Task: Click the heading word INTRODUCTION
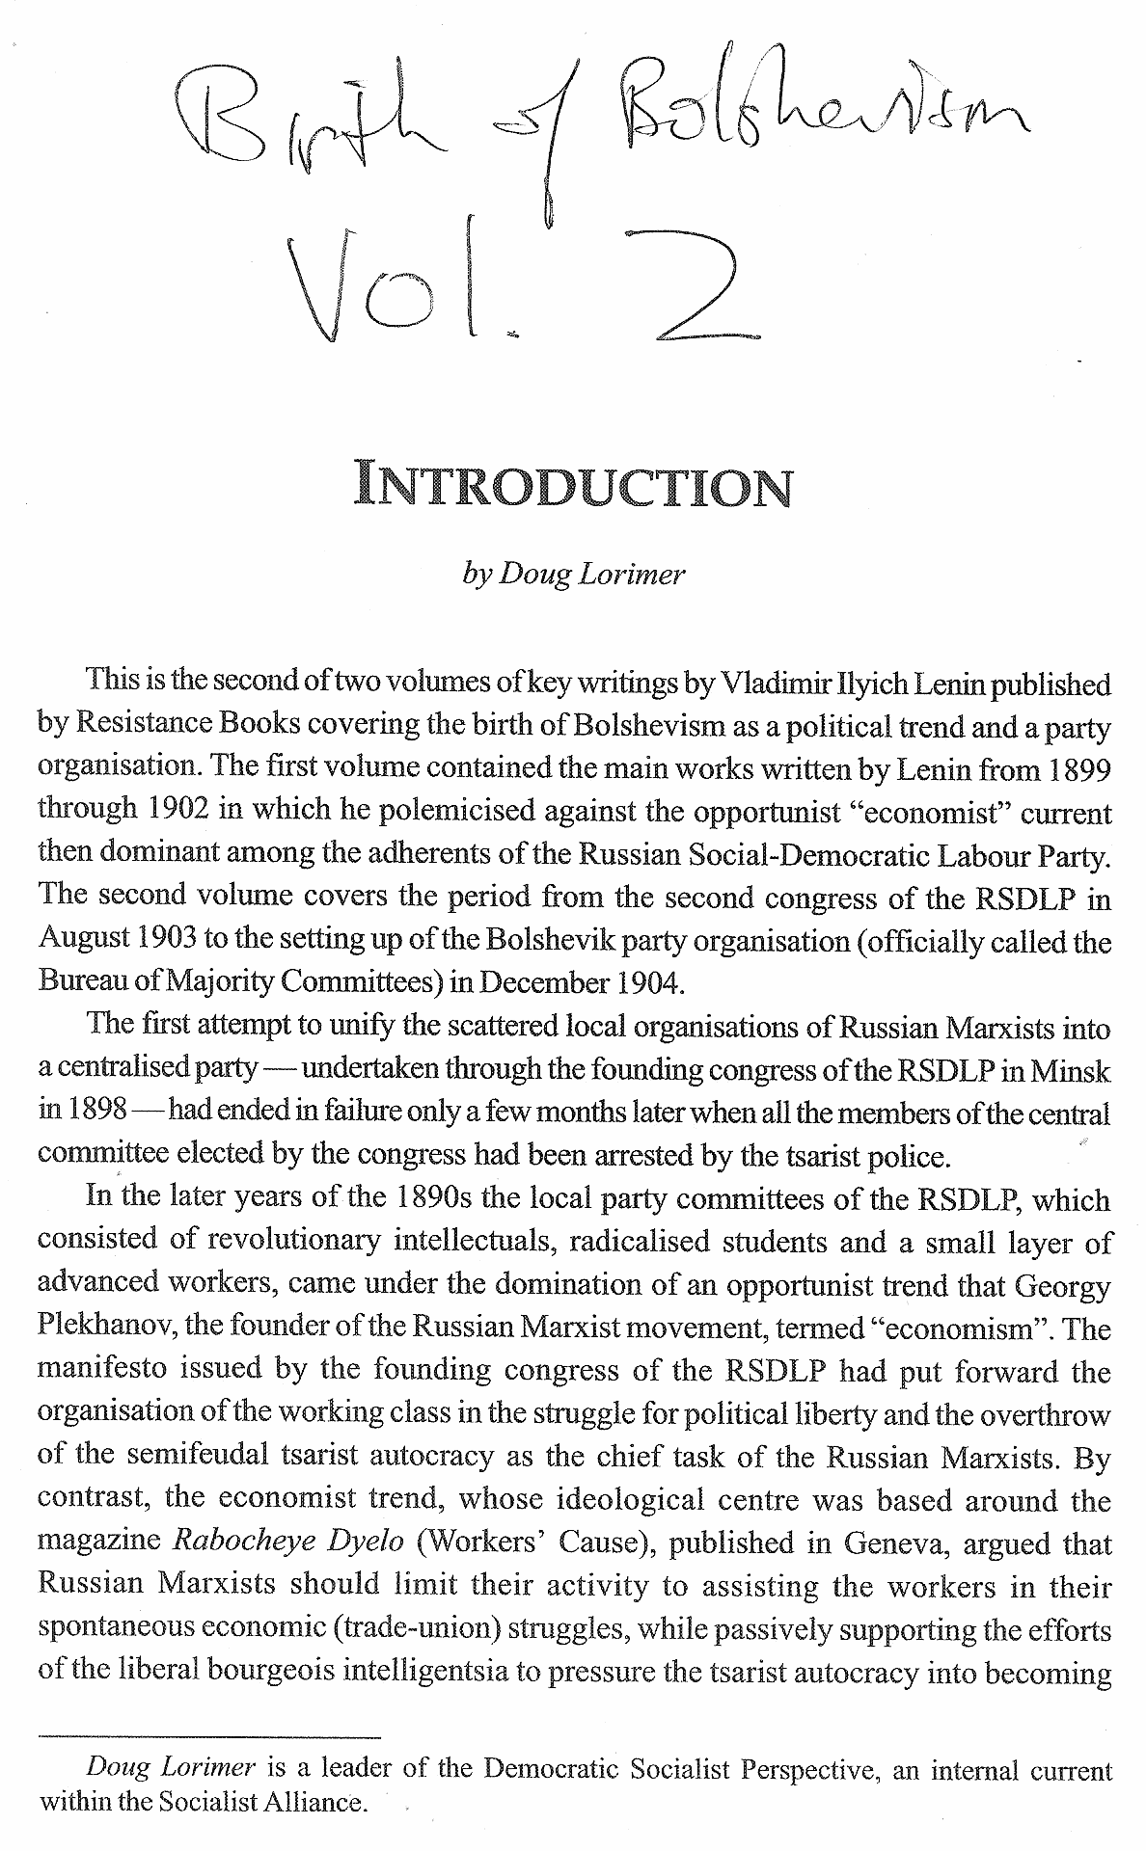coord(573,487)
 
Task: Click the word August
coord(81,940)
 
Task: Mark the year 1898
coord(95,1112)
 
